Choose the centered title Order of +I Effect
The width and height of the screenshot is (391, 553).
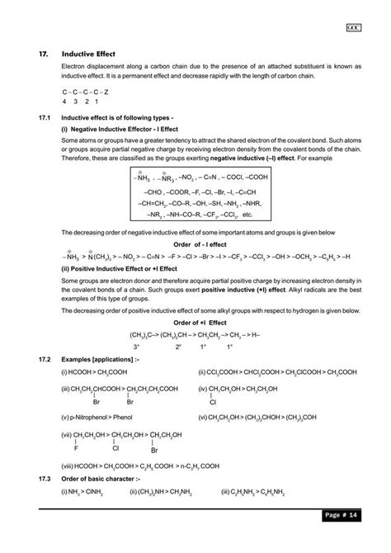[195, 321]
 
